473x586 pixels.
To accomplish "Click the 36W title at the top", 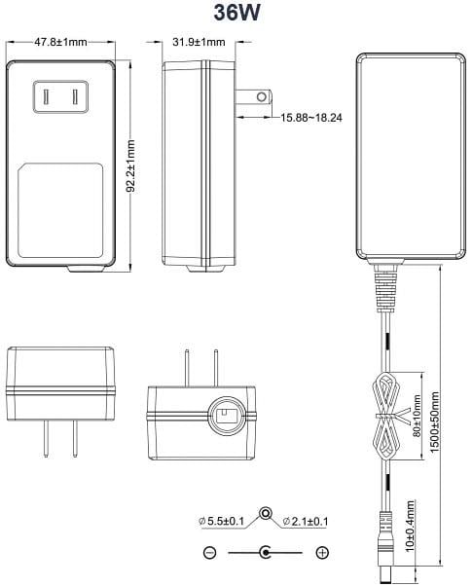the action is tap(236, 13).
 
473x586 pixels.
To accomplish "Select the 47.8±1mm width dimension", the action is tap(60, 42).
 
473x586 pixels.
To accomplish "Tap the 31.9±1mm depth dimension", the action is tap(199, 42).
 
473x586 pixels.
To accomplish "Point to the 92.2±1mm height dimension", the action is tap(130, 165).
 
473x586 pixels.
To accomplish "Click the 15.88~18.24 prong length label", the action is tap(311, 118).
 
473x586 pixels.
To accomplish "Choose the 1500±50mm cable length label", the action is tap(434, 421).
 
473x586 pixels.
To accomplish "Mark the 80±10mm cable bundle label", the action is tap(417, 416).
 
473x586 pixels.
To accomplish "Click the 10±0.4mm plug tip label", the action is tap(410, 527).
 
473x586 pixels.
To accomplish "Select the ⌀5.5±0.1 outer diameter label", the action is tap(221, 521).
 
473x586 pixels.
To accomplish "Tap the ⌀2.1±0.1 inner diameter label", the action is tap(306, 521).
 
